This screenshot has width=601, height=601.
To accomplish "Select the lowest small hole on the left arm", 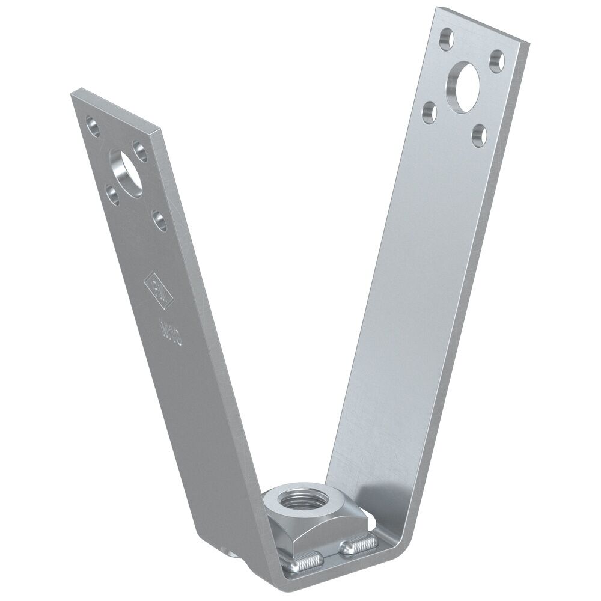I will click(159, 219).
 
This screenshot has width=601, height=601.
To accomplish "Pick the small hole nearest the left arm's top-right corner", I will click(140, 150).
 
